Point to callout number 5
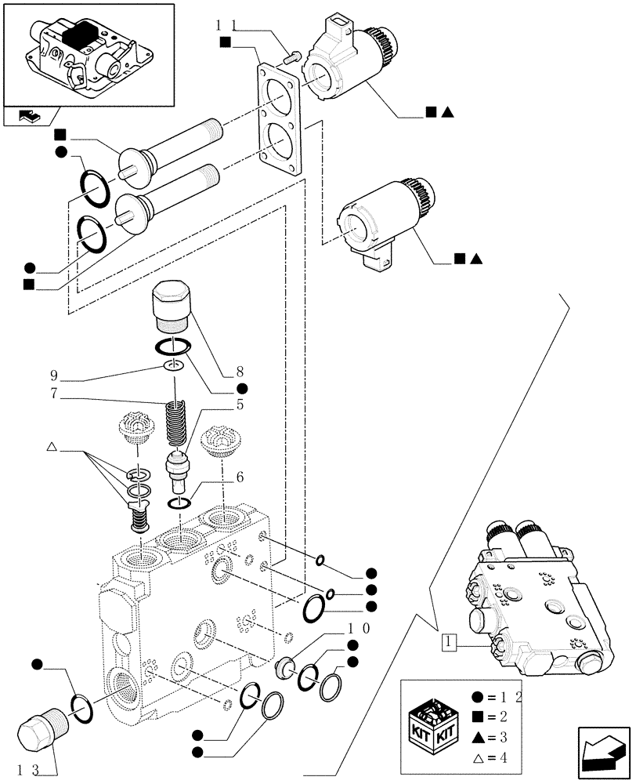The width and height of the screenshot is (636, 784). click(x=239, y=405)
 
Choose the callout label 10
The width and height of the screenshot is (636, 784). click(x=360, y=629)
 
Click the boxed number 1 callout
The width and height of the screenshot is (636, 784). click(x=447, y=644)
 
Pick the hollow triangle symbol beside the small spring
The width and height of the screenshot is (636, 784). click(x=52, y=447)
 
